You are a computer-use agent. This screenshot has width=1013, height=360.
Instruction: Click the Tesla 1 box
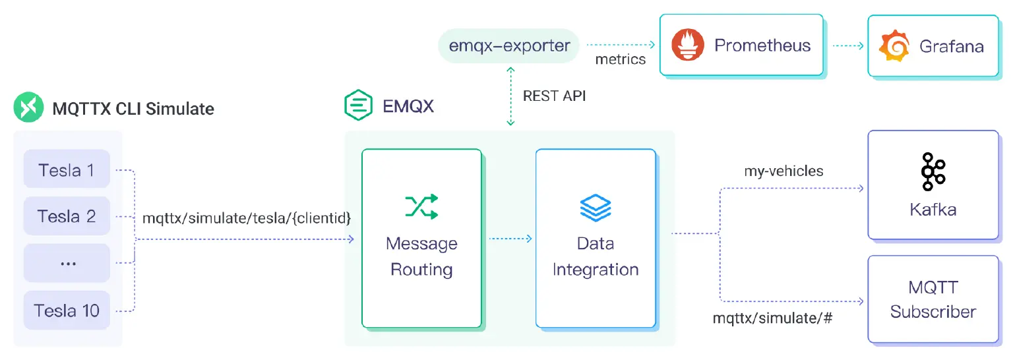67,170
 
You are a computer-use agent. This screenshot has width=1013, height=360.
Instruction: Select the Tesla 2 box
67,216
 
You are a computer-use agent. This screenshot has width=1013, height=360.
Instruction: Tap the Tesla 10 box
67,310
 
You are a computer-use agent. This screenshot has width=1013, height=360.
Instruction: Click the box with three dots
67,262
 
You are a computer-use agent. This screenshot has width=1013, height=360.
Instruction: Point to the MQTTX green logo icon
28,108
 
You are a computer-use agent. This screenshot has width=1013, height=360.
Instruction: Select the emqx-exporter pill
509,45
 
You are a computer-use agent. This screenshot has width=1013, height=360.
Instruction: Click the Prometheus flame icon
688,45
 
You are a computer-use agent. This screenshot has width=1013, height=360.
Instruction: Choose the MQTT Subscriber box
933,299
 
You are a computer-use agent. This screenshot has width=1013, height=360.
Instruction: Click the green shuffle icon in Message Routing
421,206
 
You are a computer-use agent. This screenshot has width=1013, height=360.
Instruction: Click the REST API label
554,96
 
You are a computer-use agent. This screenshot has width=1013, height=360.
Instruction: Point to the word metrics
621,60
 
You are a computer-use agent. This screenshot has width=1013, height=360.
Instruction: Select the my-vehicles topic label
783,171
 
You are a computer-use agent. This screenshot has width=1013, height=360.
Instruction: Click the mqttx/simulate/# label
773,318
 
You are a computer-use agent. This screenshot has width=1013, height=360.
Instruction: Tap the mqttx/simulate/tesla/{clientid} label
247,217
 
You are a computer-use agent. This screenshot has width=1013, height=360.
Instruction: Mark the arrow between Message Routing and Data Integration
510,239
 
